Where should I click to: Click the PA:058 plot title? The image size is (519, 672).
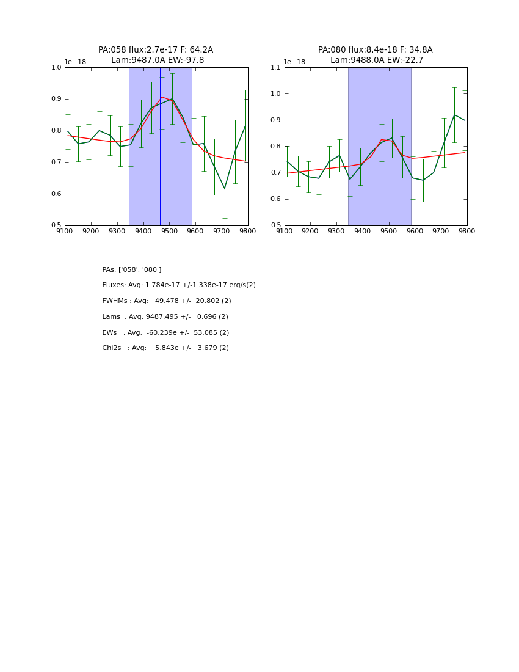(x=156, y=50)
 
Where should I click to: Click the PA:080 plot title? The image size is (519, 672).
(x=375, y=50)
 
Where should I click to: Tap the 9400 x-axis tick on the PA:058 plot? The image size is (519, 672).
(x=143, y=232)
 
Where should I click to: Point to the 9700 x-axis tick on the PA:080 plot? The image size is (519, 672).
(x=441, y=232)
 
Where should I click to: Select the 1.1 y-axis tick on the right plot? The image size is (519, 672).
(x=274, y=67)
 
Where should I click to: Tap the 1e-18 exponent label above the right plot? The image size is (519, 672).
(x=294, y=62)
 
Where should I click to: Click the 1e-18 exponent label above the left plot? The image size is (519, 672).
(x=75, y=62)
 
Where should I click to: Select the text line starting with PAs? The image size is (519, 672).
(x=132, y=269)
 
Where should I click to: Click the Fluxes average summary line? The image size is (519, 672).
(x=179, y=285)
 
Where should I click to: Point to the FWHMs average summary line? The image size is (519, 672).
(x=167, y=301)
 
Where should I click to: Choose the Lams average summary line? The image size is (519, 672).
(x=165, y=317)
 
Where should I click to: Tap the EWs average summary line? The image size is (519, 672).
(x=165, y=333)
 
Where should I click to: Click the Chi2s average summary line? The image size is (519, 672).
(x=165, y=348)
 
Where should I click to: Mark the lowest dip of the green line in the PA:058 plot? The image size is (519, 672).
(x=225, y=188)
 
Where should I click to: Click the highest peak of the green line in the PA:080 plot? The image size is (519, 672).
(x=454, y=115)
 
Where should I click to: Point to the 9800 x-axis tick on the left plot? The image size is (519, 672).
(x=247, y=232)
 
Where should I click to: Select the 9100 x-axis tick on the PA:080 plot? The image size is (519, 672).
(x=285, y=232)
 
